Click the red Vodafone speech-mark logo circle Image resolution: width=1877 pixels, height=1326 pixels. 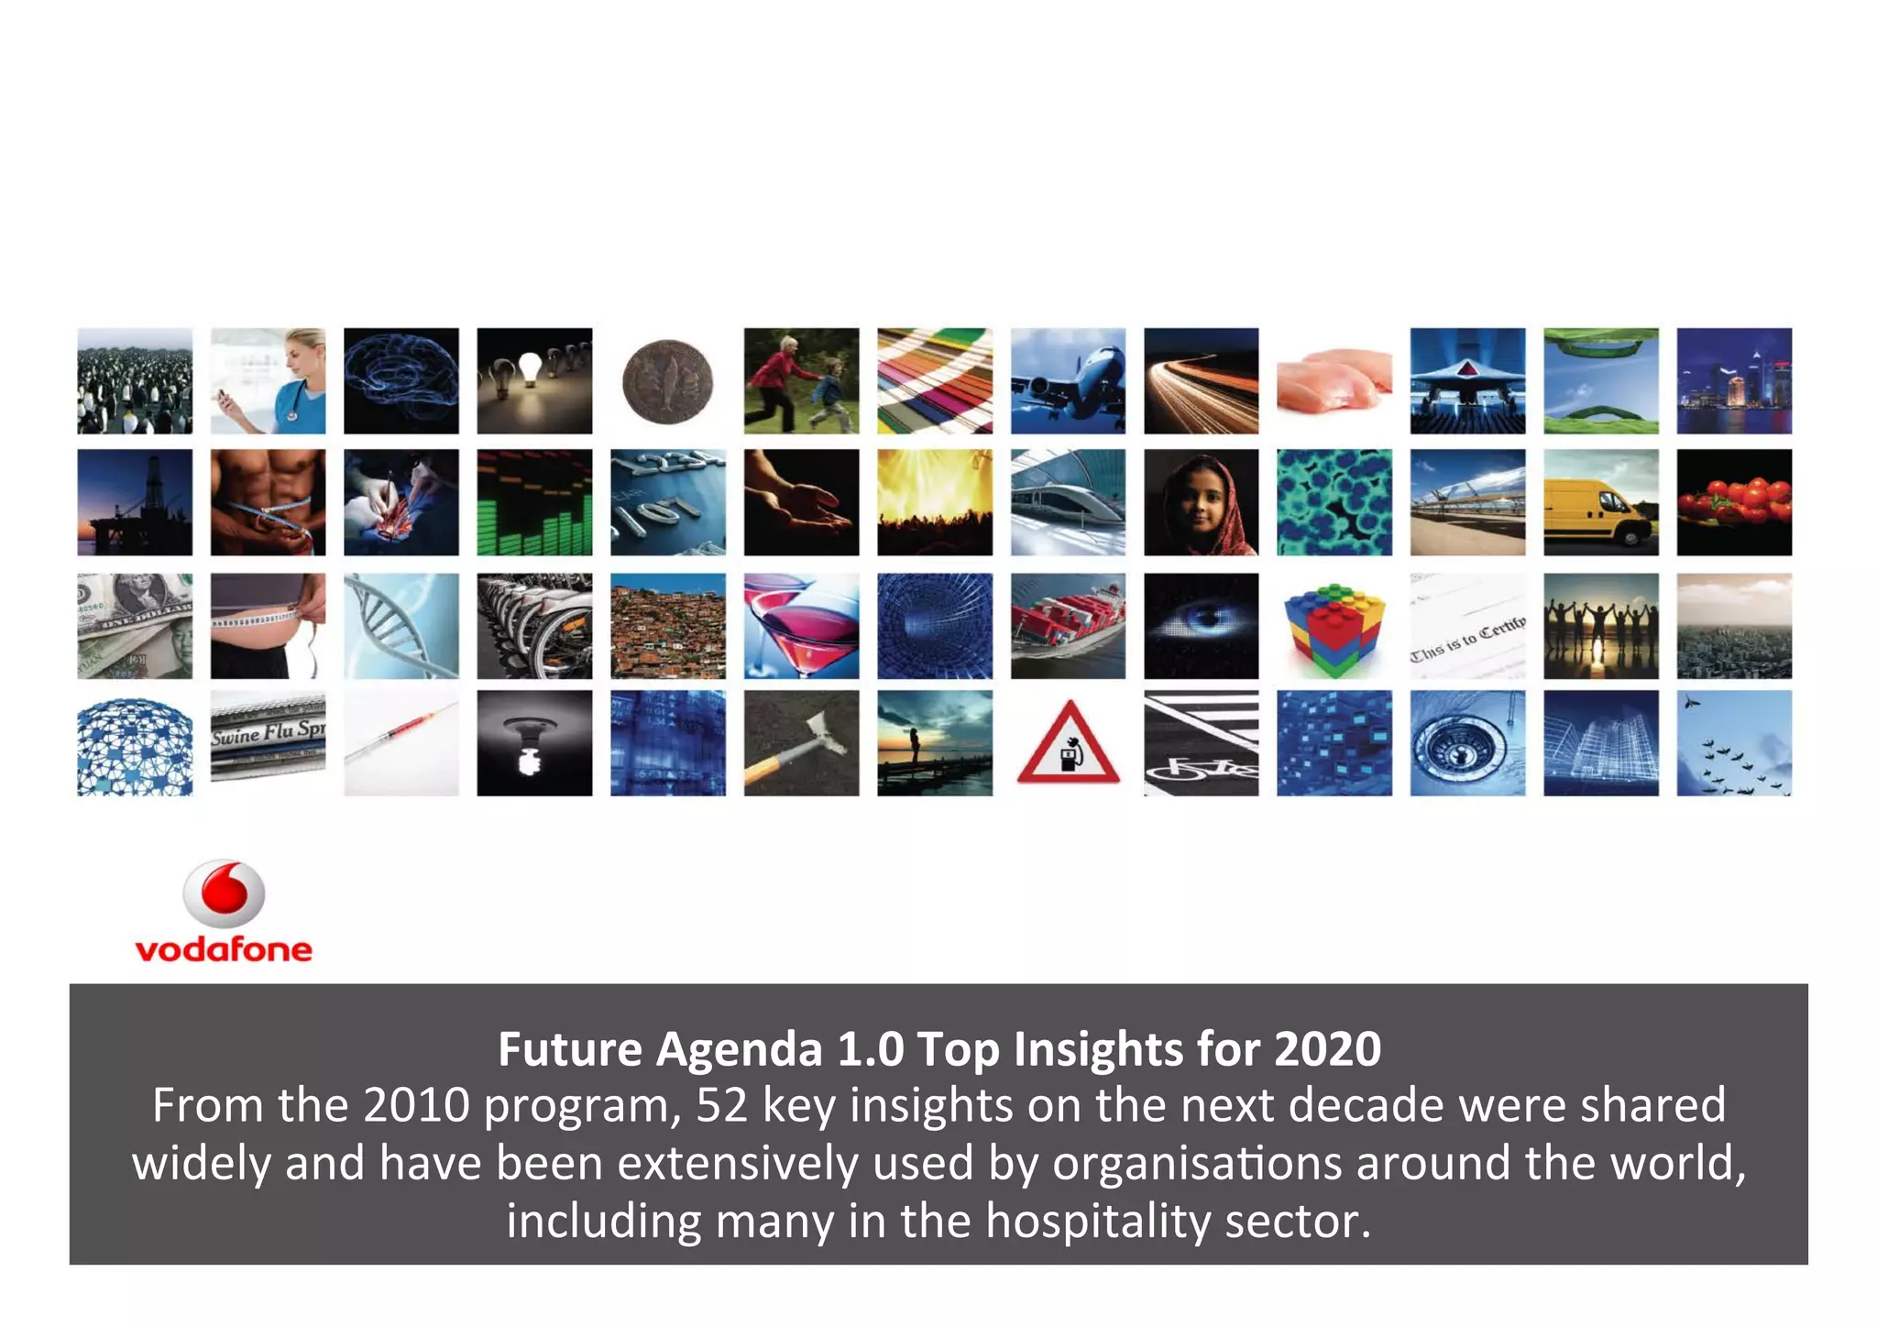click(x=225, y=893)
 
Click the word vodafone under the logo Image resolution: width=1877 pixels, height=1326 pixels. click(x=224, y=949)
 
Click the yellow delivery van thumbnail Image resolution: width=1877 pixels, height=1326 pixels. click(x=1600, y=502)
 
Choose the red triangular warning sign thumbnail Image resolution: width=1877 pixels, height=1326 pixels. click(x=1068, y=743)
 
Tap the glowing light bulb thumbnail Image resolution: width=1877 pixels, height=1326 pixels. click(x=534, y=380)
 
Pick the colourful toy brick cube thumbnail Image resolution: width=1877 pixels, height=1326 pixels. click(x=1334, y=627)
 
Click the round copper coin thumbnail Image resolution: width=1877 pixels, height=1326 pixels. click(x=667, y=381)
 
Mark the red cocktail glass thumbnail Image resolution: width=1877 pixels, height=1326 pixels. click(x=801, y=627)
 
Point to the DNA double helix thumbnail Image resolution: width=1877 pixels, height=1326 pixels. click(x=401, y=627)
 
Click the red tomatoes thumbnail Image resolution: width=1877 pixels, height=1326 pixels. click(x=1734, y=502)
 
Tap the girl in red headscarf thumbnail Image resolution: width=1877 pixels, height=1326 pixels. click(x=1201, y=502)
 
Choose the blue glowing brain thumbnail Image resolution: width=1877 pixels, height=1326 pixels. click(x=401, y=380)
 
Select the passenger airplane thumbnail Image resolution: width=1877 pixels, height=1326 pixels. click(x=1068, y=380)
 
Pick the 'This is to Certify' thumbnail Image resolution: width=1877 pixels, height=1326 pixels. click(x=1467, y=627)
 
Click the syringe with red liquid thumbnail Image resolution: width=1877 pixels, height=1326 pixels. click(x=401, y=743)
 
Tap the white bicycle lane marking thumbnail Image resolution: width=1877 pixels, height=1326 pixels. click(x=1201, y=743)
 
